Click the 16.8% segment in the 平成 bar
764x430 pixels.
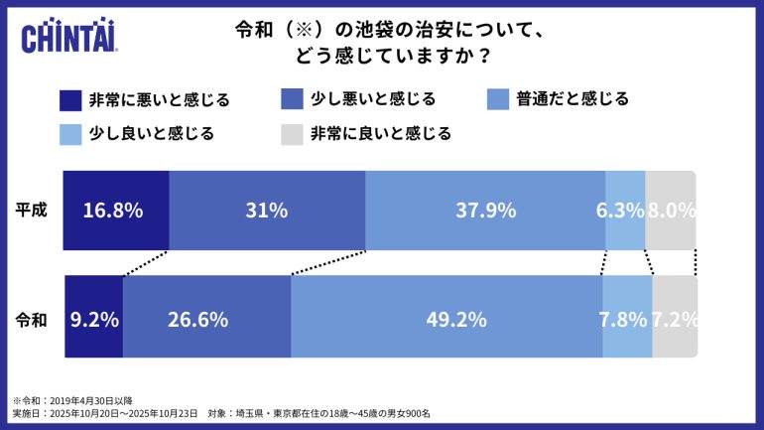click(x=115, y=211)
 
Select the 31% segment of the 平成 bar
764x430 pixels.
click(x=267, y=211)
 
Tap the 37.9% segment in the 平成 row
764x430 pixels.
click(x=485, y=211)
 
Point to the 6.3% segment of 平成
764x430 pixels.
click(x=625, y=211)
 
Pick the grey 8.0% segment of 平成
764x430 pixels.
click(x=671, y=211)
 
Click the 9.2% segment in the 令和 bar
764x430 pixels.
click(x=93, y=319)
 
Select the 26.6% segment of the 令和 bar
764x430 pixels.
click(x=206, y=319)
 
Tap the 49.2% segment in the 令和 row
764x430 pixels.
click(x=446, y=319)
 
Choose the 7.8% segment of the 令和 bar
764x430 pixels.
click(x=627, y=319)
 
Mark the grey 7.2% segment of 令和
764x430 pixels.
click(x=675, y=319)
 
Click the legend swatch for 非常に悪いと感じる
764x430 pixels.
click(x=70, y=100)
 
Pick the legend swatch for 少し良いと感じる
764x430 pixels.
click(x=70, y=133)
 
